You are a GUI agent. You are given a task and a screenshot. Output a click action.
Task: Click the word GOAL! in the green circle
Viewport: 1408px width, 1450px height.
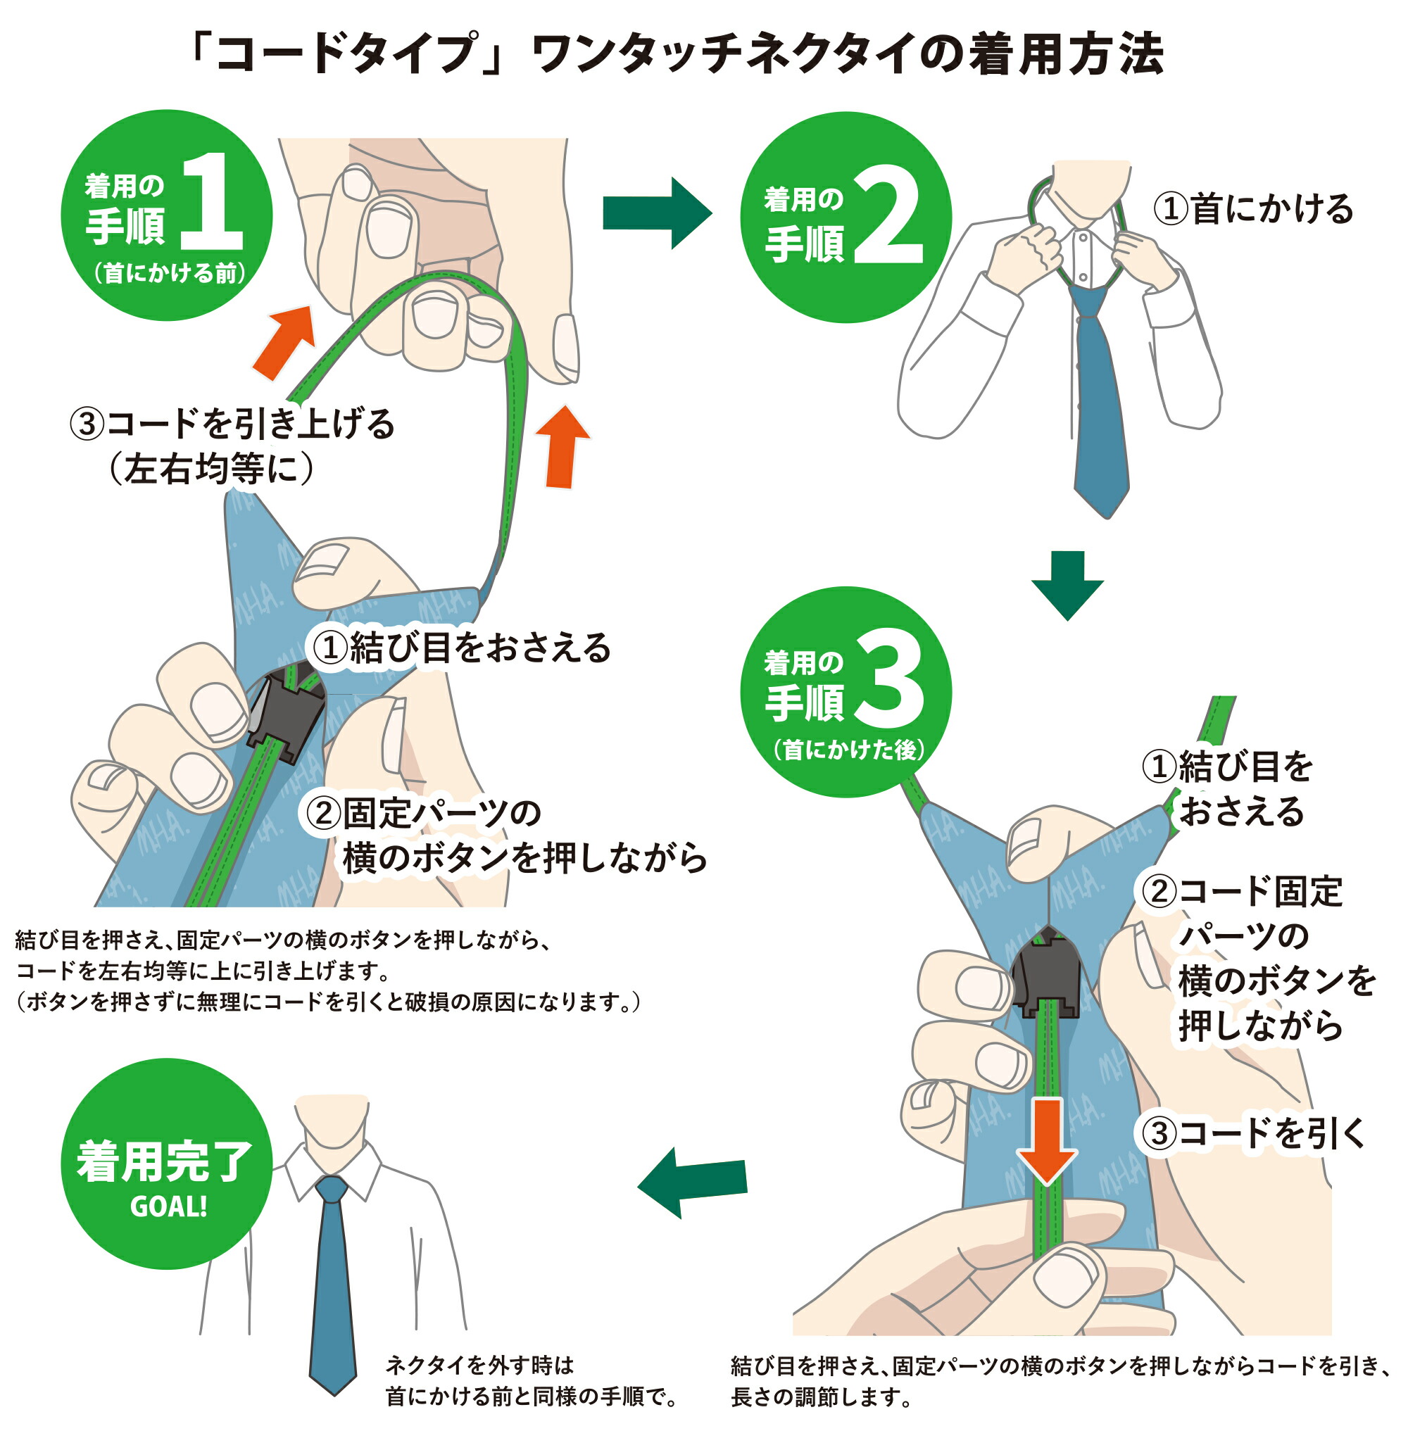[168, 1206]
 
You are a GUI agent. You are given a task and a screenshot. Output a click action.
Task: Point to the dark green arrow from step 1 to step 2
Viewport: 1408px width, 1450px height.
[656, 214]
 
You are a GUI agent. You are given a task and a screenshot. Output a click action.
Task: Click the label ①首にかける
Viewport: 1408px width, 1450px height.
[1252, 209]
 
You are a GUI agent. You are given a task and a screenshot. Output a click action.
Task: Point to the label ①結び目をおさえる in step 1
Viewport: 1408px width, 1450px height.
[462, 648]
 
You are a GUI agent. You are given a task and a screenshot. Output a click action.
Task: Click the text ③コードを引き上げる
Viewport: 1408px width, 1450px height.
[232, 424]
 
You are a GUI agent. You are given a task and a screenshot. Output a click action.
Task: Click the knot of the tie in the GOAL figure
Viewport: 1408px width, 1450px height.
[332, 1190]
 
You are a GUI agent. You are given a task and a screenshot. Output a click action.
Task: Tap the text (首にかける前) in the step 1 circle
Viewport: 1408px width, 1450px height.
[170, 273]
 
